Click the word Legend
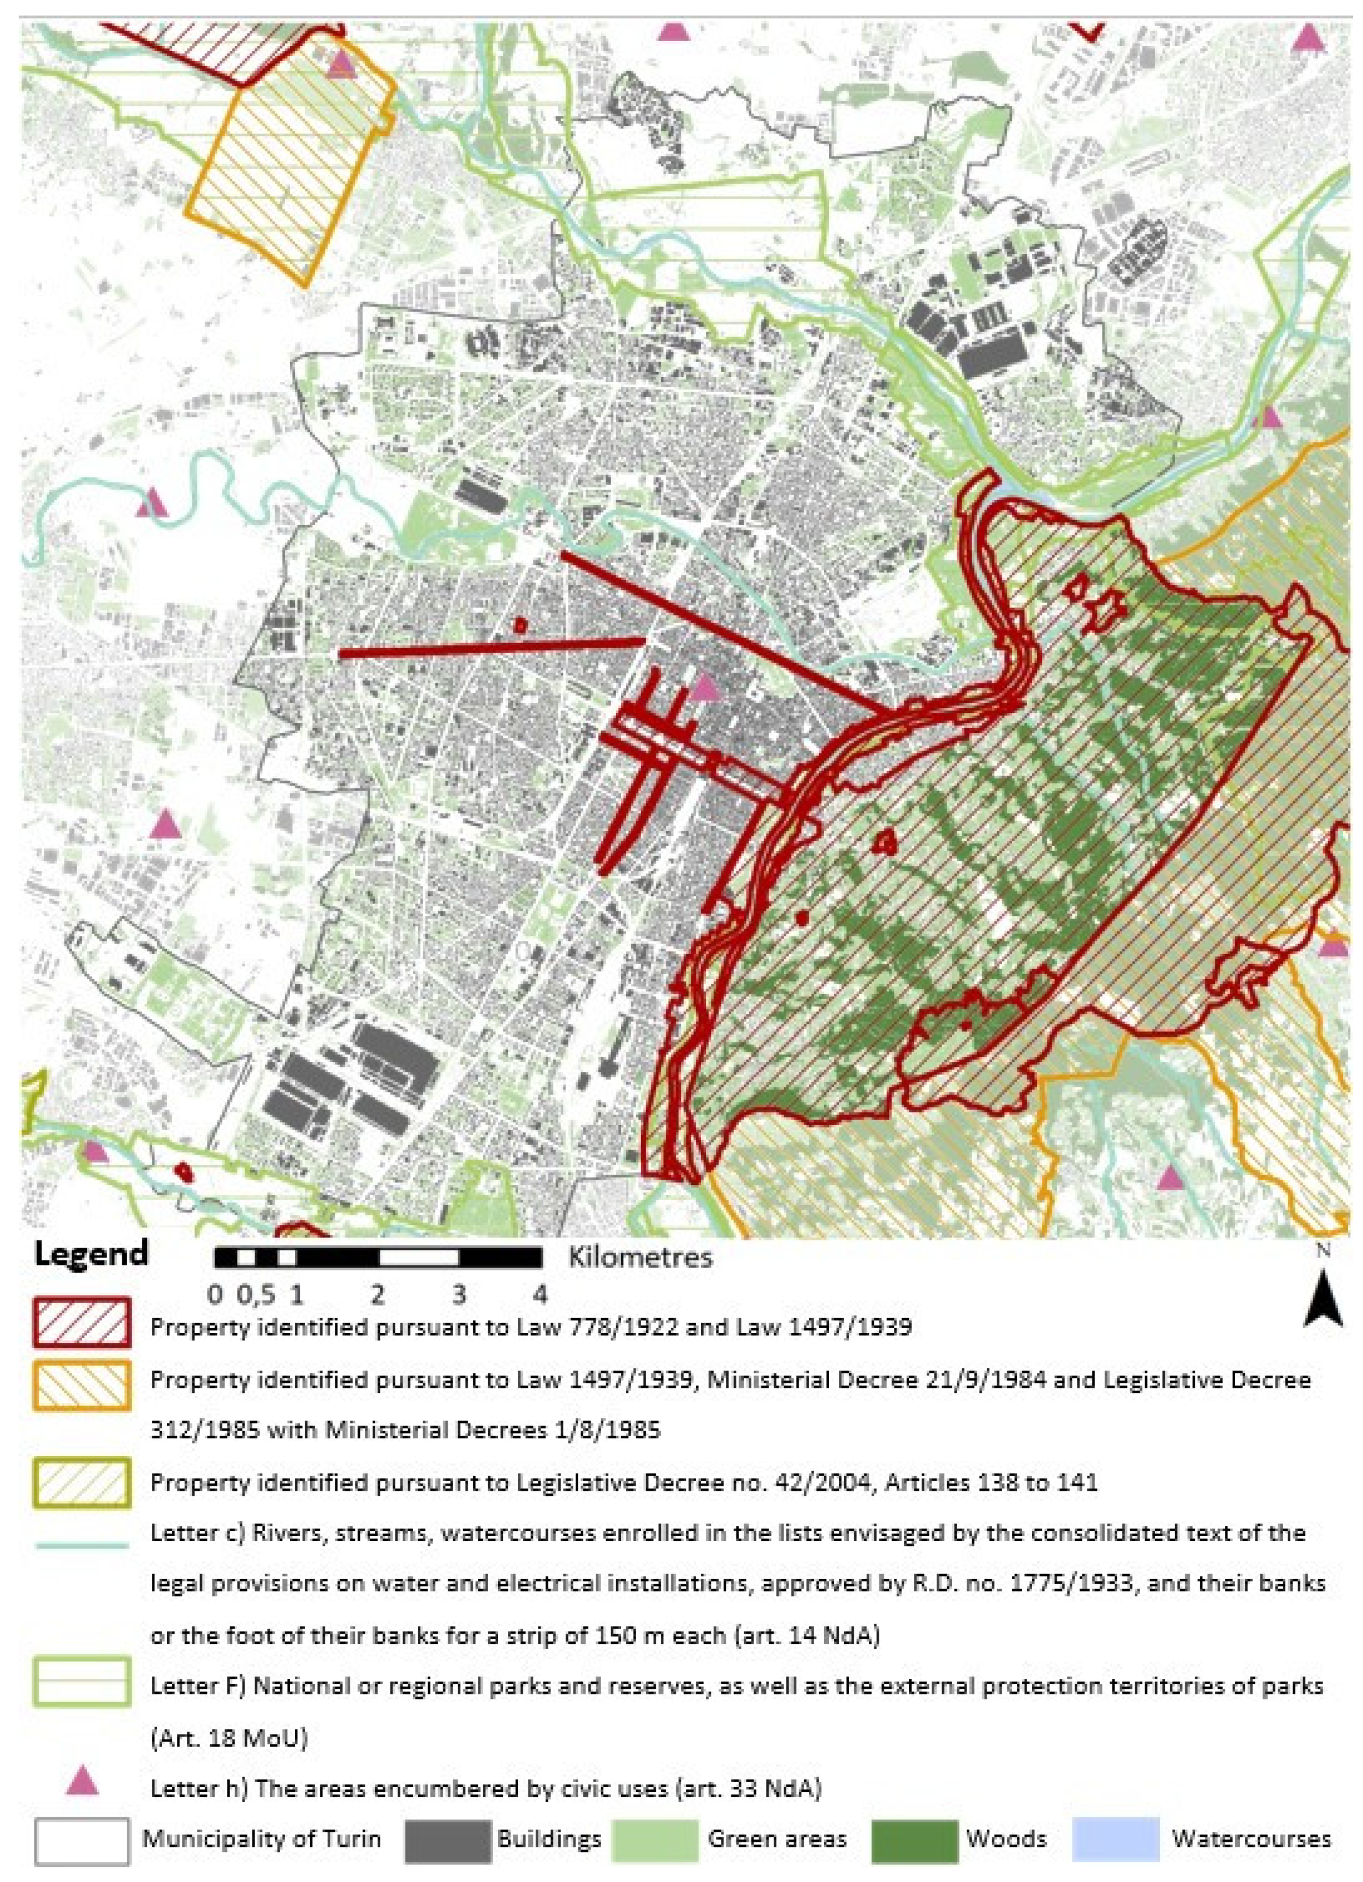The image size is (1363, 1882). click(91, 1254)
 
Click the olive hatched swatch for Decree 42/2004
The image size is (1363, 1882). click(81, 1483)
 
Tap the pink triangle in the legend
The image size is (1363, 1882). click(81, 1781)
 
